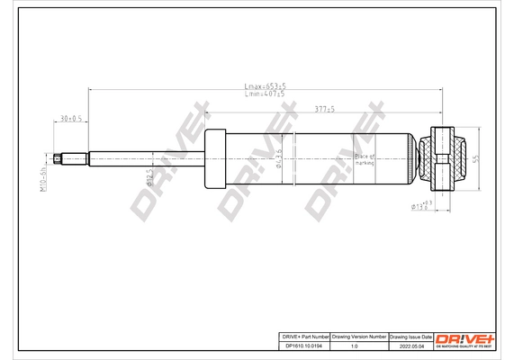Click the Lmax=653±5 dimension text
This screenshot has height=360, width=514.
265,86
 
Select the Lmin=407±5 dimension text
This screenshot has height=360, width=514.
265,94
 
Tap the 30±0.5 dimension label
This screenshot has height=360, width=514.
70,118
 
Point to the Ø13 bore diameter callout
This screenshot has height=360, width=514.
421,206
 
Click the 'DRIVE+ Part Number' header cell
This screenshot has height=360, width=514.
301,334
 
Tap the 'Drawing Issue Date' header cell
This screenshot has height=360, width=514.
410,334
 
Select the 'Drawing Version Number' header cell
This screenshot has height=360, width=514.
358,334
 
